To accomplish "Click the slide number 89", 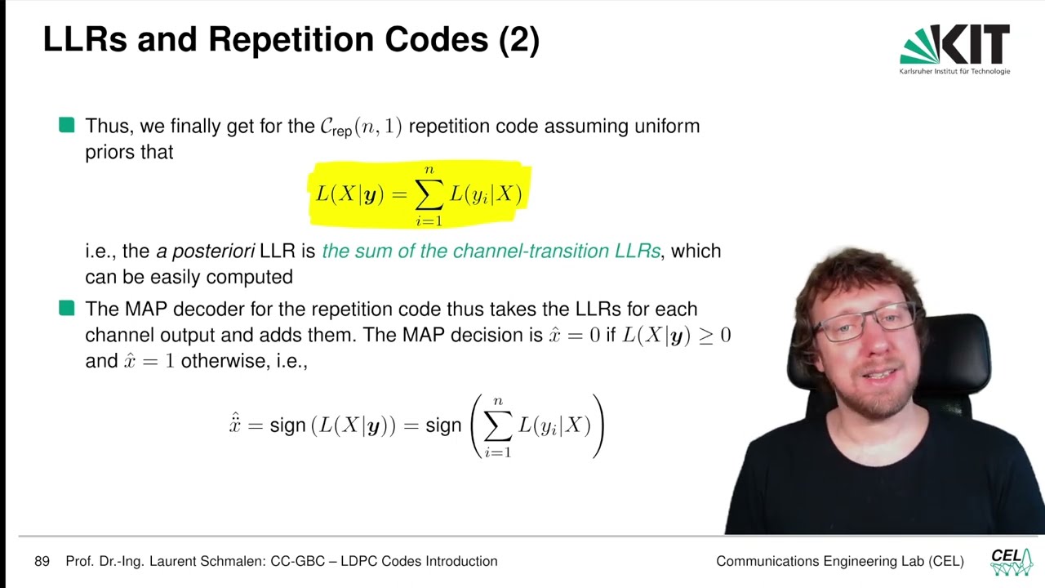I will (x=42, y=561).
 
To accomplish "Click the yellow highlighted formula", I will (x=419, y=194).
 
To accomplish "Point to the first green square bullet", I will (x=67, y=125).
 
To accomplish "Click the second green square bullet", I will (x=67, y=308).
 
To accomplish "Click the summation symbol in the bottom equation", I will (x=497, y=426).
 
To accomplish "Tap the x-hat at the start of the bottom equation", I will (x=235, y=425).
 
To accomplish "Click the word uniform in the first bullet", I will (x=667, y=126).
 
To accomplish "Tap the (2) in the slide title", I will (x=519, y=40).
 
